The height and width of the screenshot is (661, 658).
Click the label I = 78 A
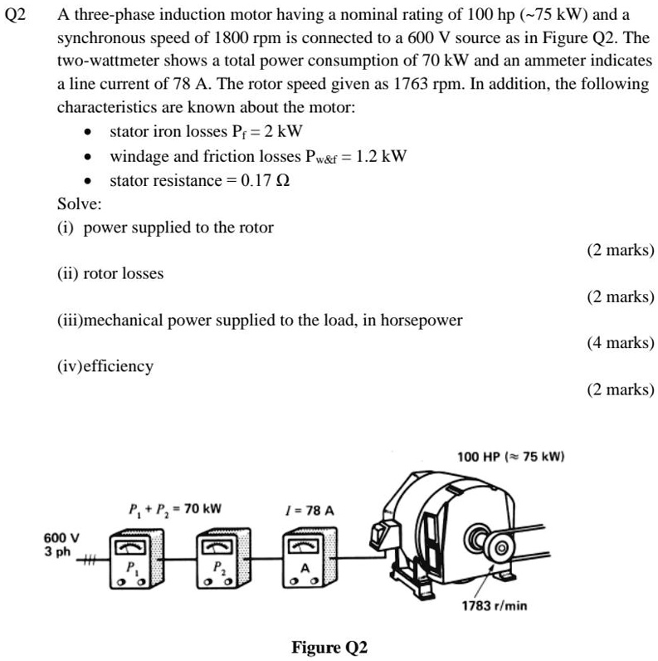[x=308, y=509]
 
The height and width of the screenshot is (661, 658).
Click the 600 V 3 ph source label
[x=61, y=544]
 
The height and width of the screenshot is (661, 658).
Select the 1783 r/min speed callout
[x=495, y=605]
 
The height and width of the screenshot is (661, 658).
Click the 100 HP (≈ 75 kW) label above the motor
[x=511, y=457]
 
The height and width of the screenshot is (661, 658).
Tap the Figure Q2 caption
[x=329, y=647]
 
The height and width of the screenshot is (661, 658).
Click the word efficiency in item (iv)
[x=119, y=366]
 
